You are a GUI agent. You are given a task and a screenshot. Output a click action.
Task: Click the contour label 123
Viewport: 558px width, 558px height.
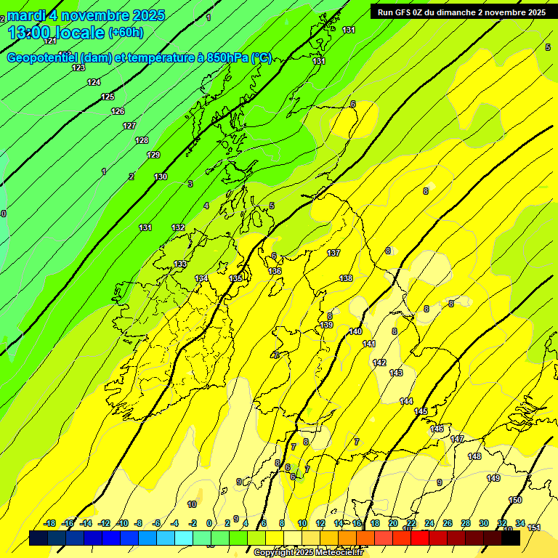click(78, 68)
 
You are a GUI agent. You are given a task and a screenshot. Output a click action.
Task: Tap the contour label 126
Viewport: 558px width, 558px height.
click(118, 111)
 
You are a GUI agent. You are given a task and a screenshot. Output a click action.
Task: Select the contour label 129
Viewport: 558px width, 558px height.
click(153, 155)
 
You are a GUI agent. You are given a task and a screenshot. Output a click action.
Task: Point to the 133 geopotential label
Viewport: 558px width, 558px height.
click(180, 264)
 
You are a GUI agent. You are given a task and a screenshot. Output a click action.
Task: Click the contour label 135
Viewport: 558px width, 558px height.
click(235, 278)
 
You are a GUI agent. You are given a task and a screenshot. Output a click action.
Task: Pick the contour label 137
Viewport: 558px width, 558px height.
click(333, 253)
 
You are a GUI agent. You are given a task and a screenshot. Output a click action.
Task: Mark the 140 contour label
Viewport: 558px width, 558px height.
click(355, 331)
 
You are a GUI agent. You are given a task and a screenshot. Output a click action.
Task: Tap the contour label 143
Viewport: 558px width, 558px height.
click(396, 373)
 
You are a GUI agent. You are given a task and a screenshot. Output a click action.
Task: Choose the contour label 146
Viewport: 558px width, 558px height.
click(437, 429)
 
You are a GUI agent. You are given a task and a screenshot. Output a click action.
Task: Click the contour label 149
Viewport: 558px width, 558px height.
click(493, 478)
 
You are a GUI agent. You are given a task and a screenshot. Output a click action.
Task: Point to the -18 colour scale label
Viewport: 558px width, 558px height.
click(49, 523)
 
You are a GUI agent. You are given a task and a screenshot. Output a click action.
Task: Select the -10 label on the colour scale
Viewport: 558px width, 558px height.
click(122, 523)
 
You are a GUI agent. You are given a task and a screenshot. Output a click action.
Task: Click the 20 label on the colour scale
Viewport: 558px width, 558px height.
click(393, 523)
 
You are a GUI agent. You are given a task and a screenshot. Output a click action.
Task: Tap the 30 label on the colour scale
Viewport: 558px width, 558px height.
click(484, 523)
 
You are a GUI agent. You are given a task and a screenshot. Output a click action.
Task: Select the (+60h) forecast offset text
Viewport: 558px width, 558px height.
click(126, 32)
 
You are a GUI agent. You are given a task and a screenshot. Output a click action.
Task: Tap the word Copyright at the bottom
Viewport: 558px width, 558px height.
click(274, 553)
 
